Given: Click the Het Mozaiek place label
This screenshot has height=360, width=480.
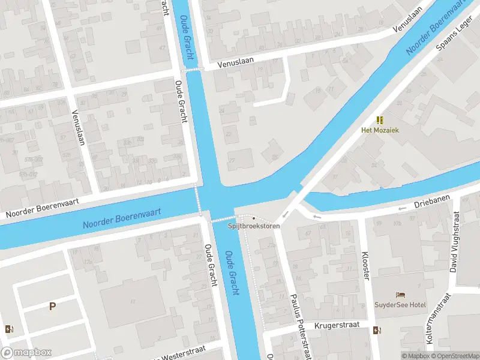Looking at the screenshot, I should [x=380, y=130].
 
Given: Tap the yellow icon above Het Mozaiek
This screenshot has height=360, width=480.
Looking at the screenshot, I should [x=380, y=120].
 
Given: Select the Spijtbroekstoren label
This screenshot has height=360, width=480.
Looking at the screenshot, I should [x=253, y=226].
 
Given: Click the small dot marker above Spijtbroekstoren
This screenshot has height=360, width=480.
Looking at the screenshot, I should [x=254, y=218].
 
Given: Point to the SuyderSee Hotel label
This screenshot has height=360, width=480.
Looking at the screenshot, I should [x=400, y=305].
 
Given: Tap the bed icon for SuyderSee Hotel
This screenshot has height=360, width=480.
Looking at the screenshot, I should [x=400, y=295].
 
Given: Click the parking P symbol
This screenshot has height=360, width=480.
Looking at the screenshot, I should [x=52, y=307].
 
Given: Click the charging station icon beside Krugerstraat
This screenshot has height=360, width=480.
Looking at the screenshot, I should [x=377, y=329].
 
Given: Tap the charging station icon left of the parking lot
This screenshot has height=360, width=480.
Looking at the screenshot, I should [x=9, y=329].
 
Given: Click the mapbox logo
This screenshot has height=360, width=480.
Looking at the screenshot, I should [x=26, y=353].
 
